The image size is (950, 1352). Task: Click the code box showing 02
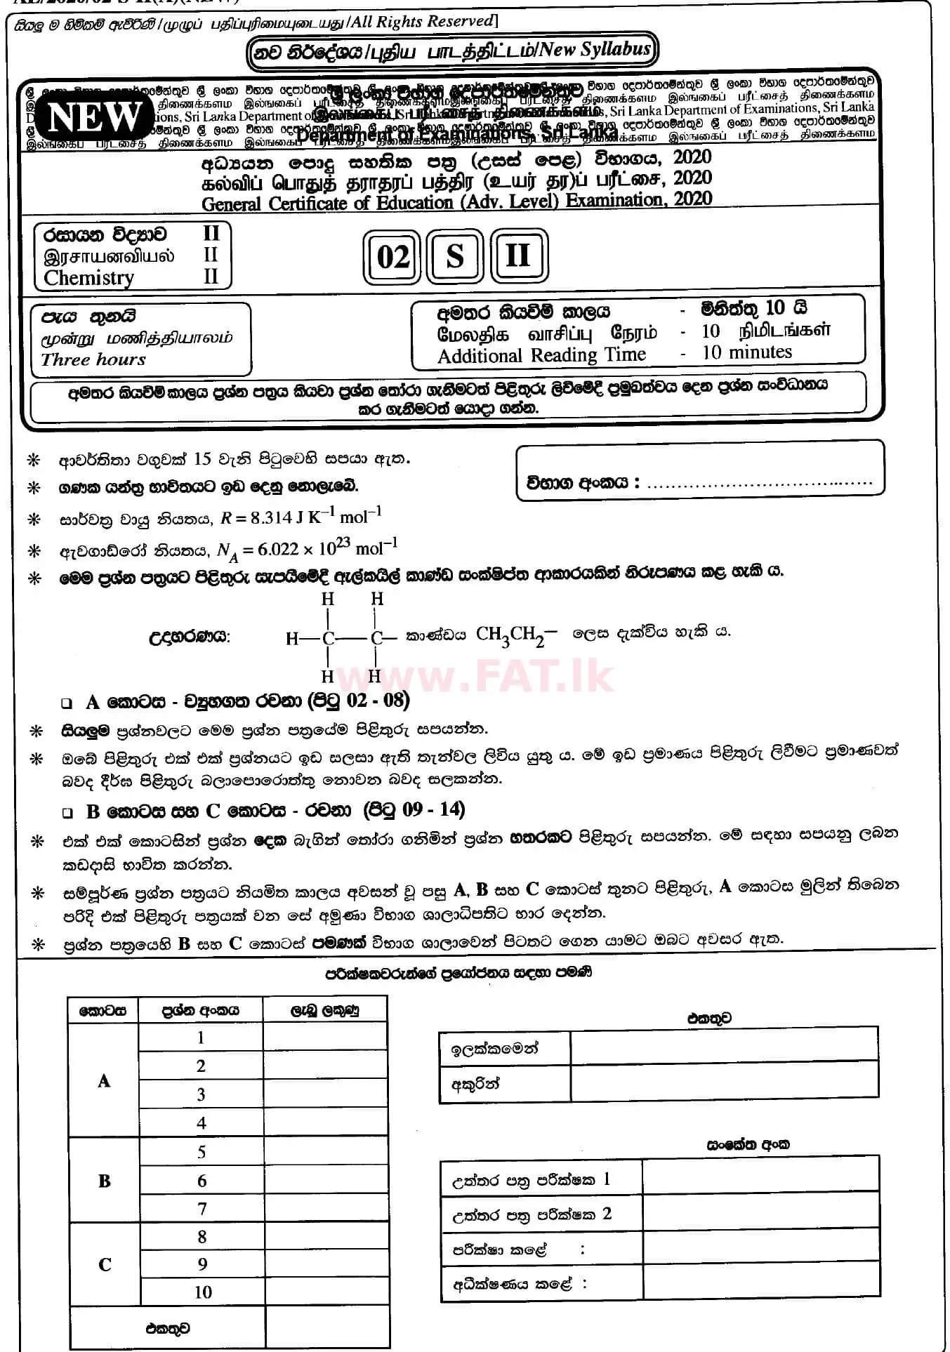click(392, 257)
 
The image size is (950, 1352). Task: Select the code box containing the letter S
click(455, 256)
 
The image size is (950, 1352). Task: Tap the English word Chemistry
click(88, 278)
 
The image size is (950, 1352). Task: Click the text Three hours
click(93, 359)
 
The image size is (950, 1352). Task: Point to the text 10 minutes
click(746, 352)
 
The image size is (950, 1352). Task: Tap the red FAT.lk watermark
click(475, 675)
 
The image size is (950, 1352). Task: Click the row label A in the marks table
click(104, 1081)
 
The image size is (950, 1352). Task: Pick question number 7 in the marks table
click(202, 1209)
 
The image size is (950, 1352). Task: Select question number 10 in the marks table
click(202, 1292)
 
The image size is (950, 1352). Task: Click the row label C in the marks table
click(105, 1265)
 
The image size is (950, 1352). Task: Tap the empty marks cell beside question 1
click(325, 1038)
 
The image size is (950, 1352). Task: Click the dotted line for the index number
click(758, 483)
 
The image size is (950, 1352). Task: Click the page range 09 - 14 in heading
click(433, 810)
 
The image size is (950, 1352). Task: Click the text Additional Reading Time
click(541, 356)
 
